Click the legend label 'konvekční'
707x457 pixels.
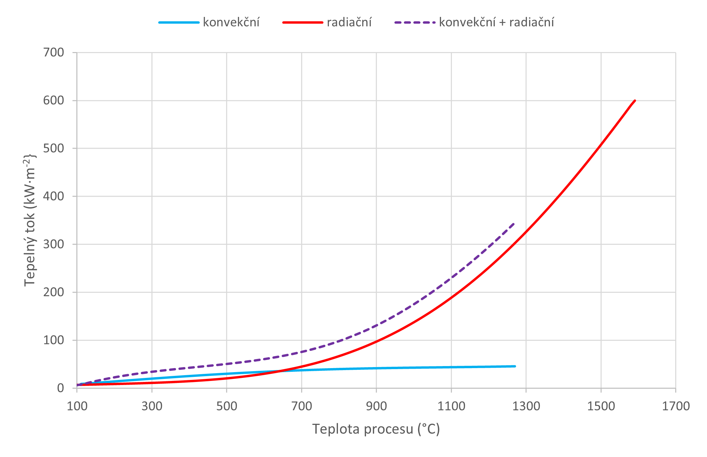coord(231,22)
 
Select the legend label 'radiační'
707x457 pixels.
coord(349,22)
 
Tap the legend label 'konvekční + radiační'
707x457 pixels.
coord(496,22)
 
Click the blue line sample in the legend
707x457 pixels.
coord(179,22)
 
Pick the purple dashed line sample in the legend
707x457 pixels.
coord(415,22)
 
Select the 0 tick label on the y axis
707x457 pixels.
coord(60,388)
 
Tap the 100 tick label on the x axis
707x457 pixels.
coord(77,406)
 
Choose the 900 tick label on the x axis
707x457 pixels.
coord(376,406)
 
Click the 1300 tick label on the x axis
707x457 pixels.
coord(526,406)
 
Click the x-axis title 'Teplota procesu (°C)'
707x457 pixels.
coord(376,429)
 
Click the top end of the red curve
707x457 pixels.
coord(635,101)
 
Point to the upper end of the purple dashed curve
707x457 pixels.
coord(514,223)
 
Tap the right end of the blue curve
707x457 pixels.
coord(515,366)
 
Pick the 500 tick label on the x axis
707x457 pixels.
coord(227,406)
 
